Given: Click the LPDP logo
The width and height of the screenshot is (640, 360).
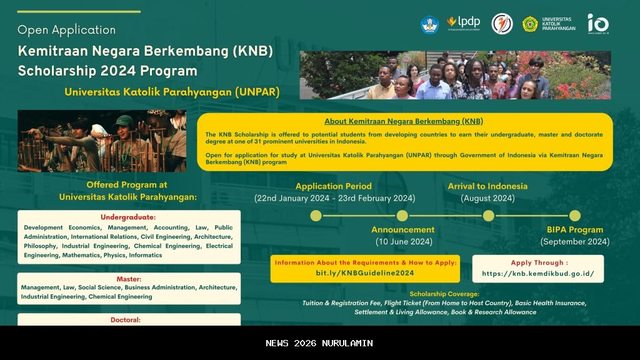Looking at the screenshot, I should (463, 22).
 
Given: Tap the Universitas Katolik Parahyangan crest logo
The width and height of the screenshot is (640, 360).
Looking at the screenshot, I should (530, 24).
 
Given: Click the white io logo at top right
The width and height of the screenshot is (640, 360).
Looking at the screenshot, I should (597, 23).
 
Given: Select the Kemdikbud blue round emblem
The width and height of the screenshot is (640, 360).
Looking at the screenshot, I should (429, 24).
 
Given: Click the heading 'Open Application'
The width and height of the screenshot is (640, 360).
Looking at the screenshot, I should (66, 30).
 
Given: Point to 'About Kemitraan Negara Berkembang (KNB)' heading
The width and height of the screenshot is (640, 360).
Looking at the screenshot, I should (404, 121).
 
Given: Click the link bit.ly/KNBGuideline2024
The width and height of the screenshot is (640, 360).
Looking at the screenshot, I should (365, 273).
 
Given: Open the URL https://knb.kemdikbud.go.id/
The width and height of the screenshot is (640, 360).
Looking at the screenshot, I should (538, 274).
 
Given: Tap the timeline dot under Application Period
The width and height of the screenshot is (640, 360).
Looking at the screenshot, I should (316, 216).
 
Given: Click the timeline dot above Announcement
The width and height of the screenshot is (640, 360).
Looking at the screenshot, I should (402, 216).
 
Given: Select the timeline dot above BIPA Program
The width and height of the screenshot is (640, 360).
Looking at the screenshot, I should (574, 216).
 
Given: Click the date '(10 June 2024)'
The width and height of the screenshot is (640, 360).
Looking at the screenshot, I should (403, 241).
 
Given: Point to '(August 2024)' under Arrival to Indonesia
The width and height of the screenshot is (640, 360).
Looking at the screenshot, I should (487, 198).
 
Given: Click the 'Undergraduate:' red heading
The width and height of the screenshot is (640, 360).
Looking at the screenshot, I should (128, 217).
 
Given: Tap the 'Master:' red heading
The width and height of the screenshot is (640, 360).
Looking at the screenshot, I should (128, 279).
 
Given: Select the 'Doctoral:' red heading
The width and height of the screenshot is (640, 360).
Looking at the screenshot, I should (128, 319).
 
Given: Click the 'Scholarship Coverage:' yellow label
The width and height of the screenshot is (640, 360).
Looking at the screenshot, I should (444, 294).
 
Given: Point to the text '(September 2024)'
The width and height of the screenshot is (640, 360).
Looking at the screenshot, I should (574, 241).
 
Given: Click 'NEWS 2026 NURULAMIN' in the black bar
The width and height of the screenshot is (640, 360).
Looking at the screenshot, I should (319, 343).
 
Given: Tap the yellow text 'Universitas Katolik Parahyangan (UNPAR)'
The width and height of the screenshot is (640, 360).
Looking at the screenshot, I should (172, 92).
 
